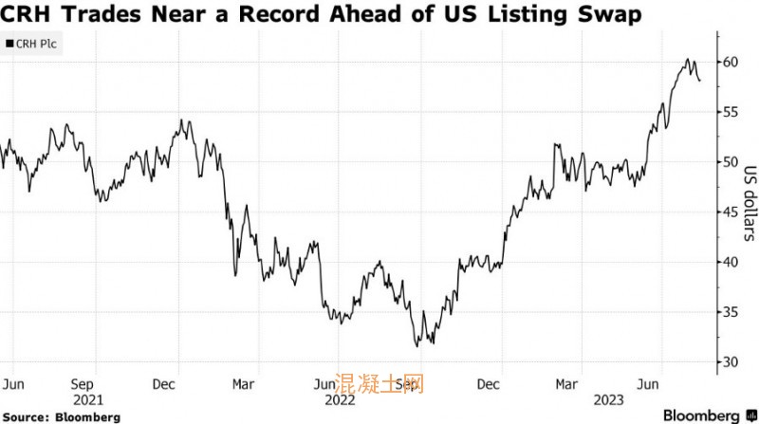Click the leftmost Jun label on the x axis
coord(13,384)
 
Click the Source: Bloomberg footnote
coord(61,416)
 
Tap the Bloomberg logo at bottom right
coord(696,415)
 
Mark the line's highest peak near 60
coord(687,60)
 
